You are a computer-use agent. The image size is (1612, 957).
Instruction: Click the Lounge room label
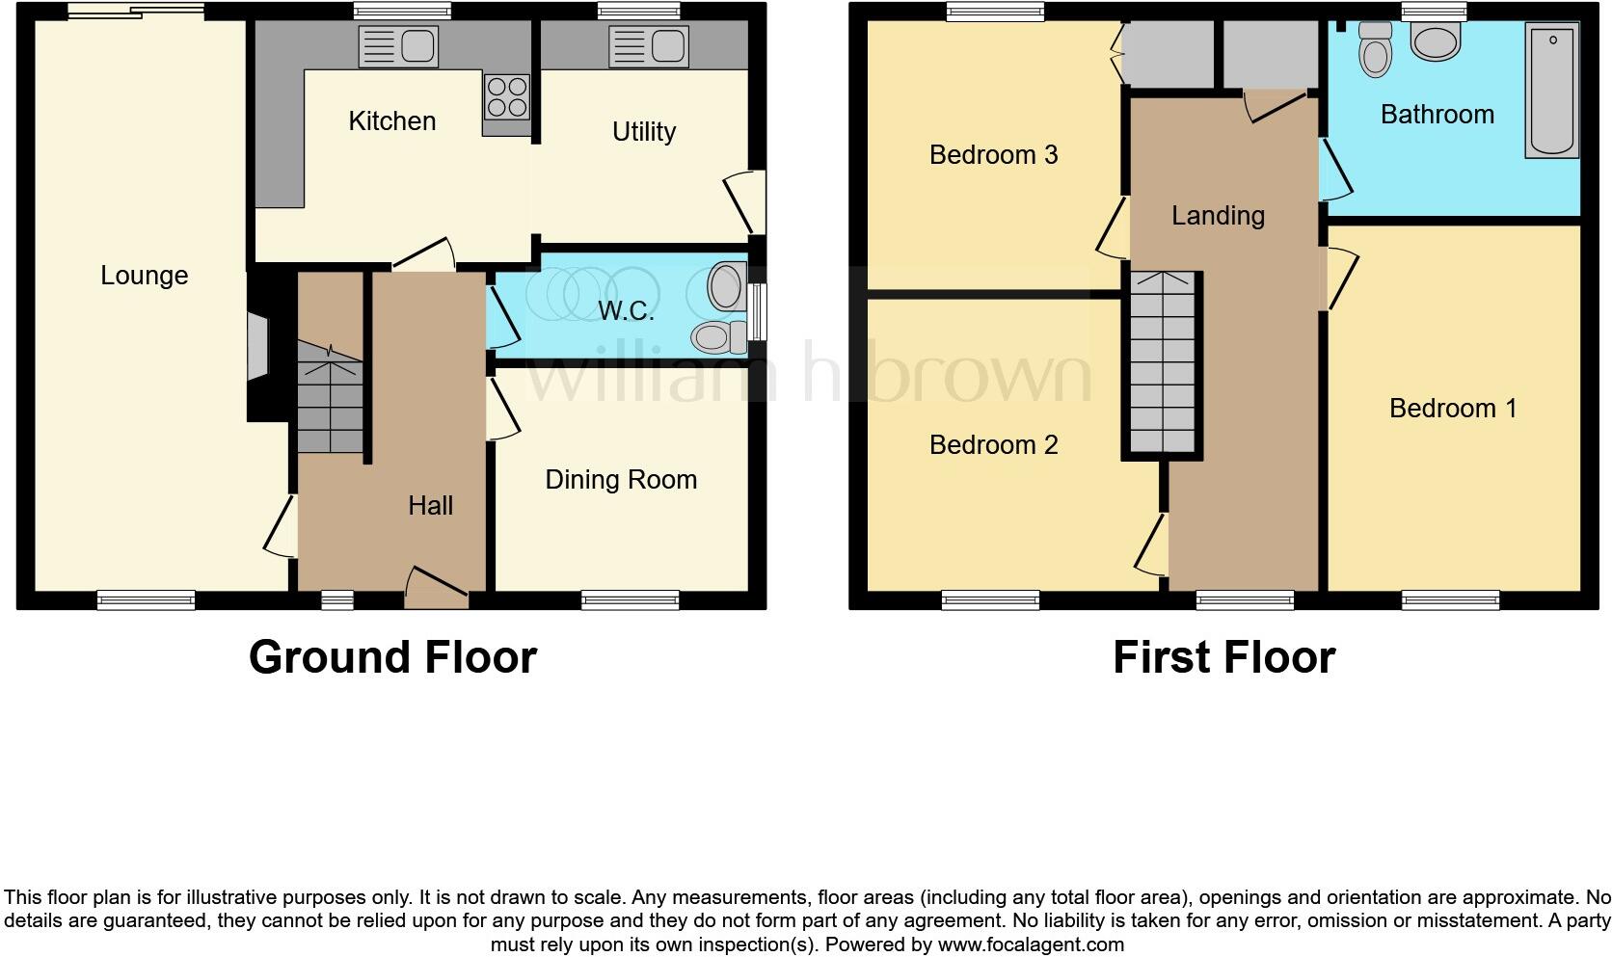145,276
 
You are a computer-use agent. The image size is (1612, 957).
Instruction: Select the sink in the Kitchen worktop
398,45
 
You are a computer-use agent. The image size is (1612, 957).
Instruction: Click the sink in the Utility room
648,45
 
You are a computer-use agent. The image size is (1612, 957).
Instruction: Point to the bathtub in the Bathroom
1551,92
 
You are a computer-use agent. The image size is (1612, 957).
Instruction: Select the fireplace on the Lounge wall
257,348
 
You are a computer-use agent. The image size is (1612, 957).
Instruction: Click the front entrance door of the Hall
437,588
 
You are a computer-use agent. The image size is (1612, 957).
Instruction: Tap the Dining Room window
631,600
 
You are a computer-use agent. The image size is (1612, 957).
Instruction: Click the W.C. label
626,311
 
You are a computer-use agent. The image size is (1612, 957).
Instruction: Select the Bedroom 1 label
1452,409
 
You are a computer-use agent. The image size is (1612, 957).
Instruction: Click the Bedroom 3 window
996,12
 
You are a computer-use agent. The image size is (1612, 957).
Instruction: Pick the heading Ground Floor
392,657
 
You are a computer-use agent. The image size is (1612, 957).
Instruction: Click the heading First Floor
1223,657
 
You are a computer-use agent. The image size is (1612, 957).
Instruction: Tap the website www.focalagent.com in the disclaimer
1031,944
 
